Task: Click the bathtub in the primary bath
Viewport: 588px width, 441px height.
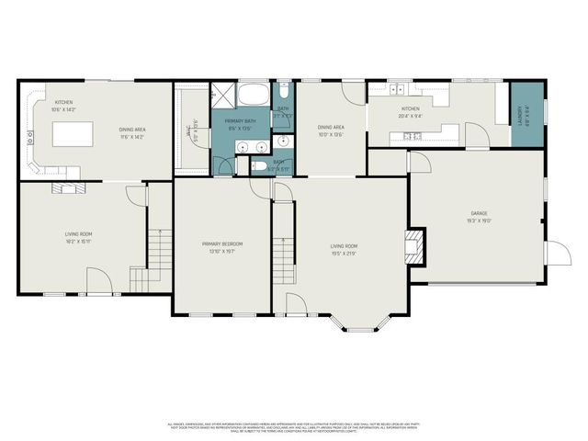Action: coord(253,95)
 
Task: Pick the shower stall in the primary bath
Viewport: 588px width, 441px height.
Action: coord(223,95)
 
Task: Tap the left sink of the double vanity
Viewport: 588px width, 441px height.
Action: coord(243,147)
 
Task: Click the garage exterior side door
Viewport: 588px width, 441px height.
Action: coord(556,253)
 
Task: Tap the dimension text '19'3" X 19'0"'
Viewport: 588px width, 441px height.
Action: coord(477,220)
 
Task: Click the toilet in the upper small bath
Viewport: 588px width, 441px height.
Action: coord(284,93)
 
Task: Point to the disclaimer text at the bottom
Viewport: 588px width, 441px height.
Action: coord(294,427)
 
